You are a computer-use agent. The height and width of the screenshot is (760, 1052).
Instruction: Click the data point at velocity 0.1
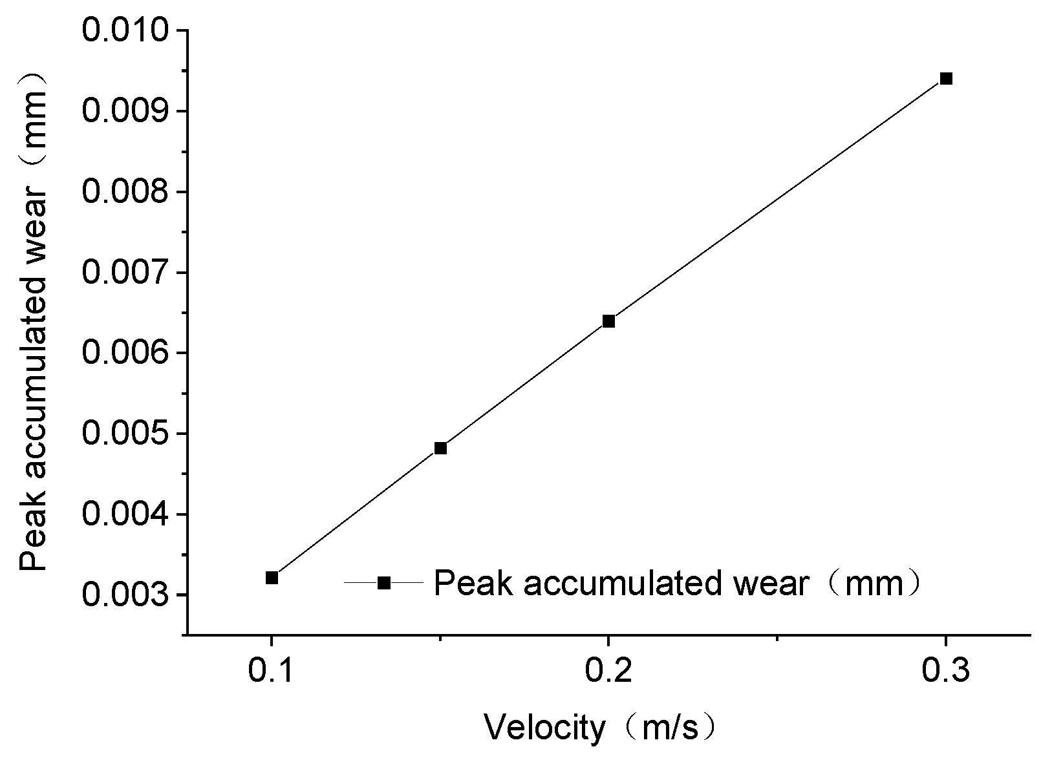coord(272,578)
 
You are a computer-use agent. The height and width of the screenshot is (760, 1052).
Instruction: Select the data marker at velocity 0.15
coord(440,449)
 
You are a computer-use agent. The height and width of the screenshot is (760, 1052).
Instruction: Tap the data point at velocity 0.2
coord(608,322)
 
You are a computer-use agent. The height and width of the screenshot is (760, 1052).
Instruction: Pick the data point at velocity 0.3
coord(946,78)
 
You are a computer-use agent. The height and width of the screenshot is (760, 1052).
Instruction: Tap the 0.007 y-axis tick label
coord(125,272)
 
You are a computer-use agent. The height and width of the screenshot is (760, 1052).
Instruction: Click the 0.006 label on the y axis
coord(125,353)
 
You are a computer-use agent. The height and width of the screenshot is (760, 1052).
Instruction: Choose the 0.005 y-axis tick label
coord(125,433)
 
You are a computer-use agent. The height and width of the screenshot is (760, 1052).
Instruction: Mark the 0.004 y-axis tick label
coord(125,514)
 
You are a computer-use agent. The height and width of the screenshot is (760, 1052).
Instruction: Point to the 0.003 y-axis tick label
coord(125,595)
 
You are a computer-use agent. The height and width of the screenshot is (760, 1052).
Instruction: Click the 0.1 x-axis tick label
coord(270,670)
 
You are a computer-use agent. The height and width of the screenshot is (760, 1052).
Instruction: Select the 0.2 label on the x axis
coord(608,670)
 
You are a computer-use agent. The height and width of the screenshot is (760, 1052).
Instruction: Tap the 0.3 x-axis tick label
coord(945,670)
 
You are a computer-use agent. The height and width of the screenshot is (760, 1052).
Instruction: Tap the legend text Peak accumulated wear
coord(621,584)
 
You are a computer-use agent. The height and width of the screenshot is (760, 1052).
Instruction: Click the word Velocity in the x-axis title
coord(545,729)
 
